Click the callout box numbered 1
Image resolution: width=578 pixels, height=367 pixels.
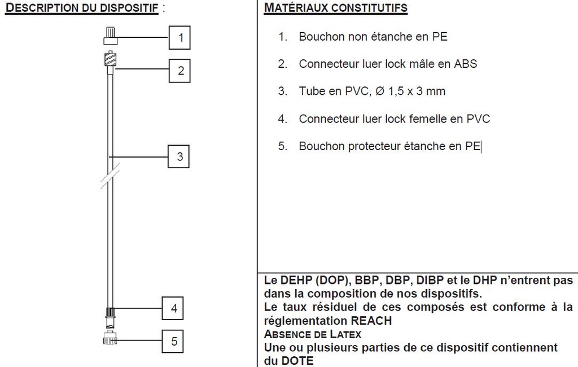point(181,38)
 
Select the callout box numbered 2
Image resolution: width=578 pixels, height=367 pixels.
point(181,71)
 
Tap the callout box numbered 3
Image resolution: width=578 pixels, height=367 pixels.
point(179,156)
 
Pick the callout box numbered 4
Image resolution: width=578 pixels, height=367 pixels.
point(174,308)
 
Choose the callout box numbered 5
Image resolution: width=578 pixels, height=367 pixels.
point(174,341)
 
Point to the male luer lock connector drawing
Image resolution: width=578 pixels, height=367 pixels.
point(110,59)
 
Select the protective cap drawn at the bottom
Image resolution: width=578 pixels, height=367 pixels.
point(110,339)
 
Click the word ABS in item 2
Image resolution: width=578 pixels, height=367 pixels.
point(466,64)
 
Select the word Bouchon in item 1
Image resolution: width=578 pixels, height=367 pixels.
point(320,37)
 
